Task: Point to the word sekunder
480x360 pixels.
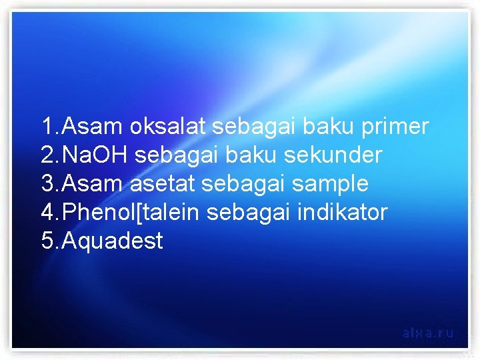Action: click(333, 155)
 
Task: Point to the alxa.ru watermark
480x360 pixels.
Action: click(428, 332)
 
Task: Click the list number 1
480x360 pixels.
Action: click(47, 127)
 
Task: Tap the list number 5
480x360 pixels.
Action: click(47, 241)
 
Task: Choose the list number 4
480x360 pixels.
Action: click(47, 213)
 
